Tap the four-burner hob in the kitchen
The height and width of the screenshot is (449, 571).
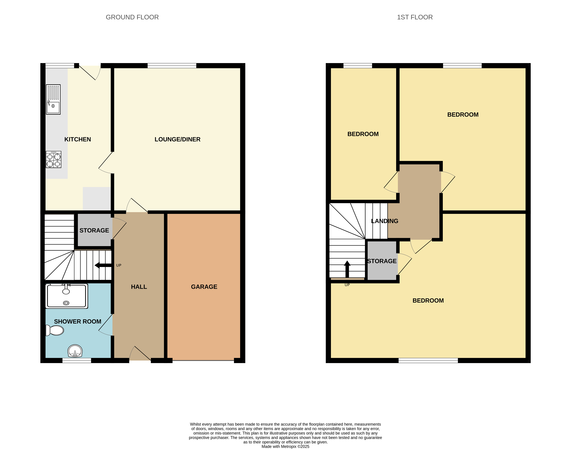tap(54, 160)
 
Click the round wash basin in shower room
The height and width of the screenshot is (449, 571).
tap(75, 351)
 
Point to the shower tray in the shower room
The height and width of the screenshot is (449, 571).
tap(67, 296)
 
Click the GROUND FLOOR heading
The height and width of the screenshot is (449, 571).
tap(132, 17)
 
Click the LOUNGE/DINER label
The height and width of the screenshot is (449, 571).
tap(177, 139)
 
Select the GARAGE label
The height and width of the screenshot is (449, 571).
tap(204, 287)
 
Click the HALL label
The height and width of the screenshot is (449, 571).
tap(139, 287)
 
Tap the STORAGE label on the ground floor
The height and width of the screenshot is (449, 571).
tap(94, 231)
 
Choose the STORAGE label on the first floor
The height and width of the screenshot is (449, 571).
tap(382, 261)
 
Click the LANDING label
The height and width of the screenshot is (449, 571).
tap(384, 221)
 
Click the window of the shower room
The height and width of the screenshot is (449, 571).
tap(77, 360)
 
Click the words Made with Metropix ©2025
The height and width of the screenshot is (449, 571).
tap(285, 446)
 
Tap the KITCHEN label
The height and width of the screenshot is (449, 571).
tap(78, 139)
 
